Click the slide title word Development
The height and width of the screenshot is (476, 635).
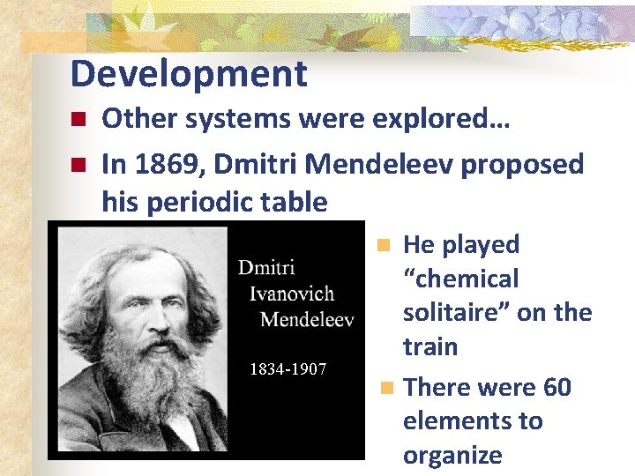(189, 74)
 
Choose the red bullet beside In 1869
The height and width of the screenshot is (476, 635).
(78, 165)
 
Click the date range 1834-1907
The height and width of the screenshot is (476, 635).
(288, 368)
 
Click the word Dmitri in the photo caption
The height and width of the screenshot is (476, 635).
(267, 267)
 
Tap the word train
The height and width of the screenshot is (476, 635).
(430, 347)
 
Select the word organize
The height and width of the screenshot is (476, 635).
(452, 456)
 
